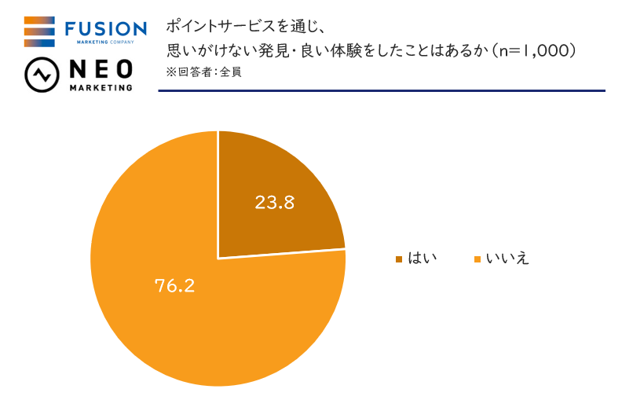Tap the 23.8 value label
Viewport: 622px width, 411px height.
coord(274,202)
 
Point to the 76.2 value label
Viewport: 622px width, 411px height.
coord(174,284)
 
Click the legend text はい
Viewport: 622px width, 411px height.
coord(422,259)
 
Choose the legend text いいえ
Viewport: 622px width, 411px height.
coord(507,259)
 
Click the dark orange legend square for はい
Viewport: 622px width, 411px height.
coord(399,259)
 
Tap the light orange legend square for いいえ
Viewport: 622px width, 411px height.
coord(477,259)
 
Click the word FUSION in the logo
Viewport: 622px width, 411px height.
coord(105,29)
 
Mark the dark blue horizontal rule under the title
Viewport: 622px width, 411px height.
coord(382,90)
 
